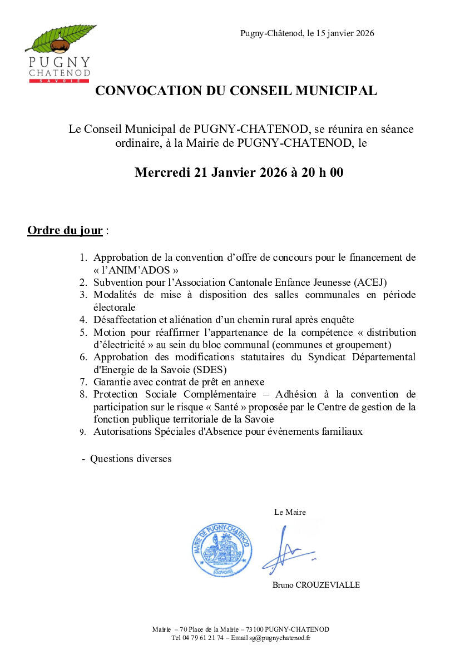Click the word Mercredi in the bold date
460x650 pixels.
[x=162, y=172]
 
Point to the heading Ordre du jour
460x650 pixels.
[x=65, y=230]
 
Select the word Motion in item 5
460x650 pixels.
[x=110, y=333]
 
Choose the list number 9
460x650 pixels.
[x=82, y=432]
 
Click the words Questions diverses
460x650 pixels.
[x=131, y=459]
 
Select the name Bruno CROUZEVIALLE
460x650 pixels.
[x=316, y=585]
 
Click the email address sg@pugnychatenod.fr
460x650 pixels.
[x=280, y=638]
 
